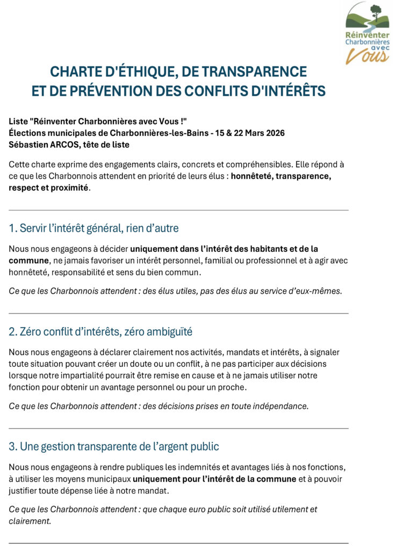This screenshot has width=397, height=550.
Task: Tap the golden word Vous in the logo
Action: click(x=367, y=55)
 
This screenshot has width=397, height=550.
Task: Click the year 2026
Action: click(x=273, y=133)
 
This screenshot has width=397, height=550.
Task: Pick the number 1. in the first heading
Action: click(x=13, y=228)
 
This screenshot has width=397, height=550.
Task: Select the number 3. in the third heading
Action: click(x=13, y=446)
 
